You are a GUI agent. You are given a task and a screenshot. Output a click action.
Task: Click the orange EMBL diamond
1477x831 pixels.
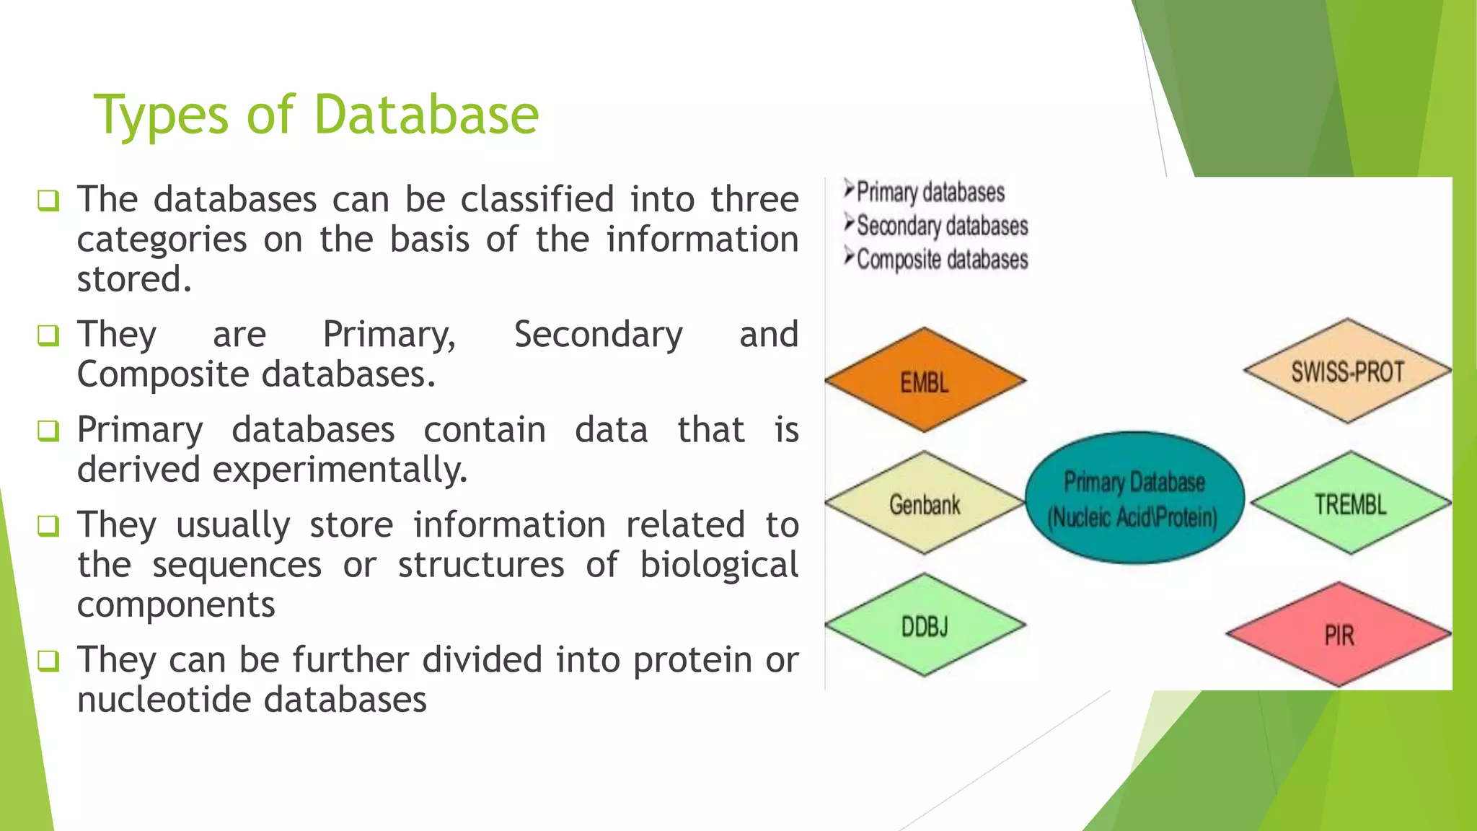pos(925,380)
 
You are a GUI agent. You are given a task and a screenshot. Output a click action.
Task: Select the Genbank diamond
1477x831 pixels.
pos(925,503)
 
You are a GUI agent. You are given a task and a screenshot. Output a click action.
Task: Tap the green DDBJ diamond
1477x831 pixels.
pos(925,625)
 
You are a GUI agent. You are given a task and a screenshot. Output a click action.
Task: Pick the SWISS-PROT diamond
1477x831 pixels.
pos(1347,371)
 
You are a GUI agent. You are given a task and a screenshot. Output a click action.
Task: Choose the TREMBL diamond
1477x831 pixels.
pos(1350,503)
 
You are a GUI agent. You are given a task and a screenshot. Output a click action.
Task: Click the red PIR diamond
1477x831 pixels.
pos(1339,635)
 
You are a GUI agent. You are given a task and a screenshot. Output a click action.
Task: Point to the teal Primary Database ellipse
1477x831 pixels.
pos(1134,498)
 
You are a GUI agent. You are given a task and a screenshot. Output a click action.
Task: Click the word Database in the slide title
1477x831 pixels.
pos(426,115)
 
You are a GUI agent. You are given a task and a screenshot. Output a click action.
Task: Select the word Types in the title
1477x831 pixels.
pos(161,115)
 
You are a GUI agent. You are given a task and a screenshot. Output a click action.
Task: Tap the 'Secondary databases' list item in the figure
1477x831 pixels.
pos(941,226)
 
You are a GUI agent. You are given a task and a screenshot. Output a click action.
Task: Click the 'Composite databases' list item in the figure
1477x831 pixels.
pos(941,259)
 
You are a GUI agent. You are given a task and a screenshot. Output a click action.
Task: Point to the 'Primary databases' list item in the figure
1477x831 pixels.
pos(930,193)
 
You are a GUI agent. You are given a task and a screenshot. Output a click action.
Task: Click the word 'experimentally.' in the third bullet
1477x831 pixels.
pos(340,470)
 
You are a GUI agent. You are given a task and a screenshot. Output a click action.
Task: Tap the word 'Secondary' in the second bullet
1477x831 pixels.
pos(598,335)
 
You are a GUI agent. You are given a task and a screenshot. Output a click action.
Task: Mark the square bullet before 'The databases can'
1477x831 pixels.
pos(48,200)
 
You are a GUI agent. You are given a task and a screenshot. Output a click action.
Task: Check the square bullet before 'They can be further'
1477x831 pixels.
pos(48,660)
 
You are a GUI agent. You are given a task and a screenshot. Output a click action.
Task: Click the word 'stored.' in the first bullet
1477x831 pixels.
pos(134,279)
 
